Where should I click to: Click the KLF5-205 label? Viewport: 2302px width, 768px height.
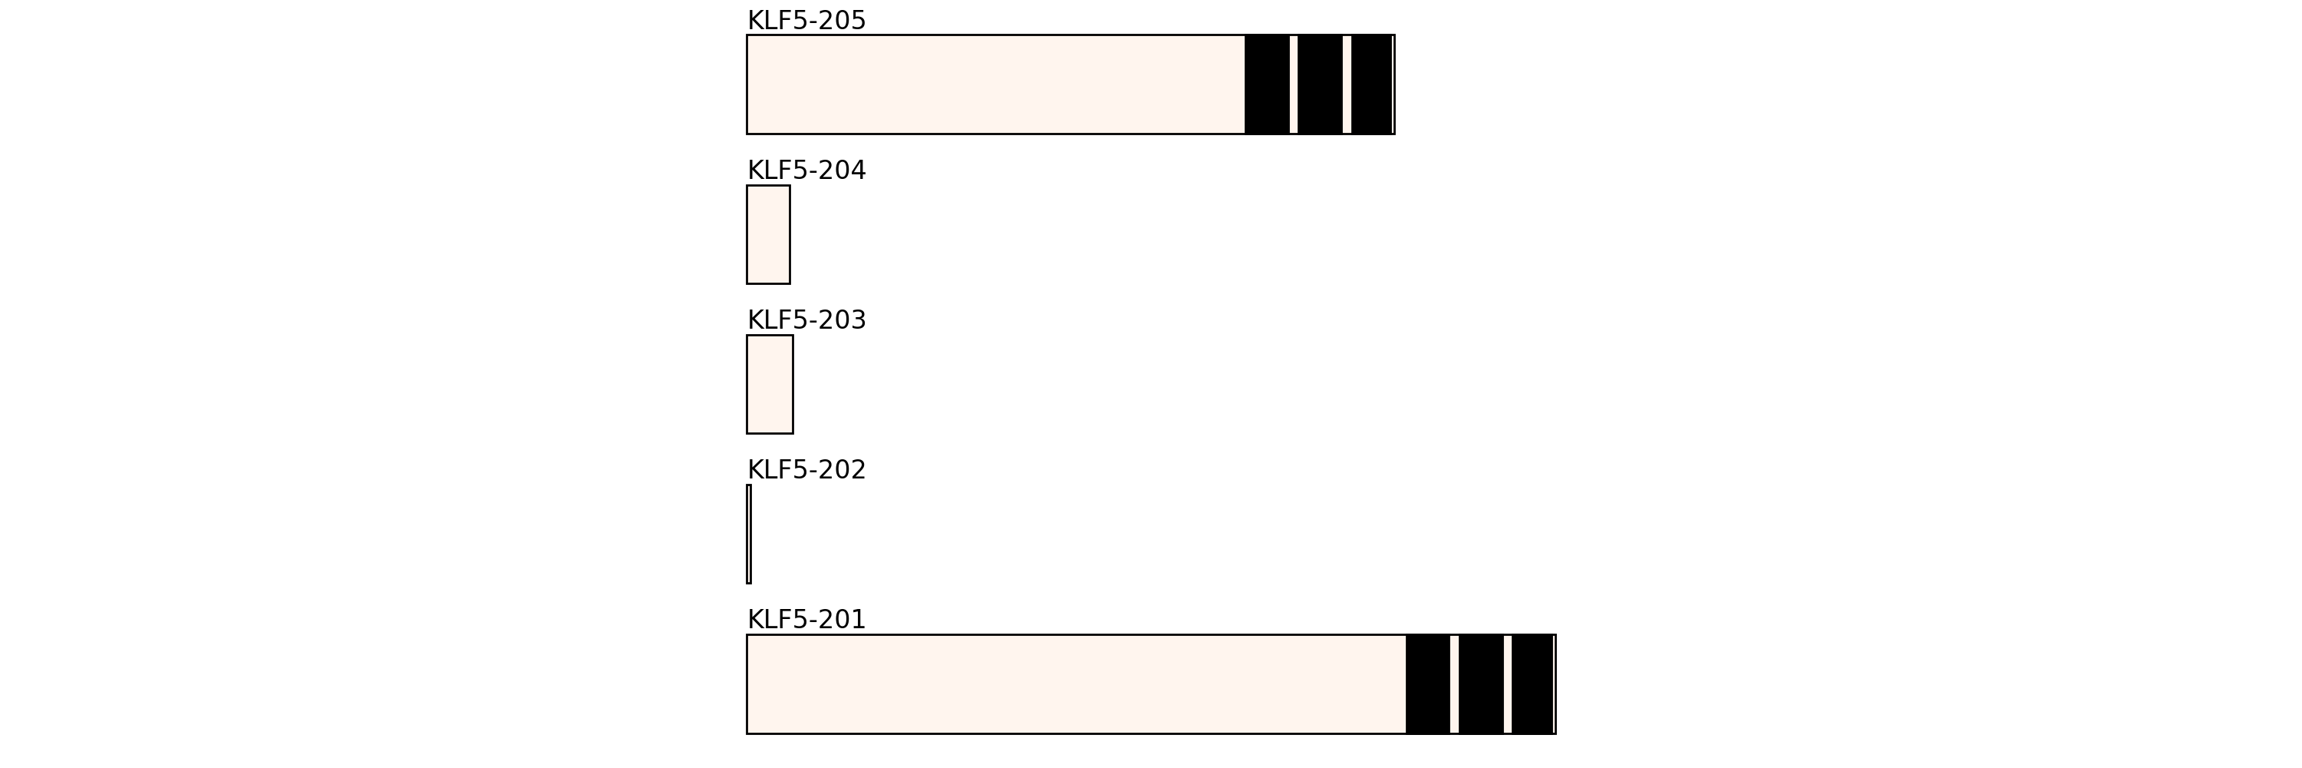point(806,21)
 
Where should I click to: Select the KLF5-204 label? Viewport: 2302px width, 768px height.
point(806,170)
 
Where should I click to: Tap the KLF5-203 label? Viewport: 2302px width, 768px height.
point(806,320)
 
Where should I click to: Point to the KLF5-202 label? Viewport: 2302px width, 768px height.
point(806,469)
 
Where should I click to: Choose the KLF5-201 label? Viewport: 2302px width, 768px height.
point(806,620)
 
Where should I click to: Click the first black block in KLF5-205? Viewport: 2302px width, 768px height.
point(1267,85)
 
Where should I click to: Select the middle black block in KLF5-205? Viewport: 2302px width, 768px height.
point(1320,85)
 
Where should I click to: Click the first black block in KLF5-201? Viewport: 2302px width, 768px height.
point(1428,684)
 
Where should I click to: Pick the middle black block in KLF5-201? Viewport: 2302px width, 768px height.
point(1481,684)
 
